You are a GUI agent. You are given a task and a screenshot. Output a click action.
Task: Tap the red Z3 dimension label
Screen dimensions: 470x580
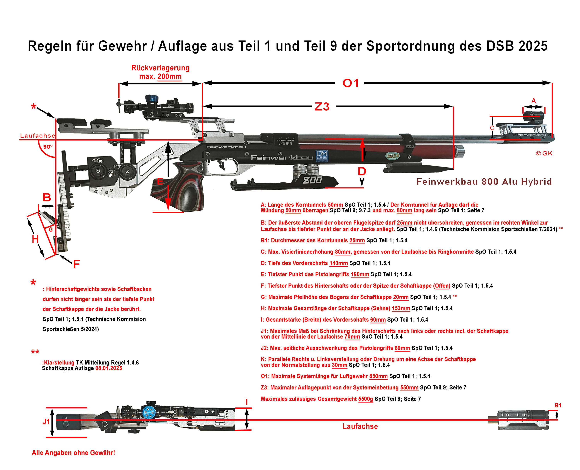322,107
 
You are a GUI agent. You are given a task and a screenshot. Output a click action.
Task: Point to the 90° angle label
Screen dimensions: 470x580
48,147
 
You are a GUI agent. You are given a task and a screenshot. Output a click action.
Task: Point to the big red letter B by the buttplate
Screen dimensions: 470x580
47,197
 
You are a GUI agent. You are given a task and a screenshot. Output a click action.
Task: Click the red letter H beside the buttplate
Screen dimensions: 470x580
35,239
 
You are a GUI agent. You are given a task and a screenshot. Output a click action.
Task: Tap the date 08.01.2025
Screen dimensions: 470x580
109,368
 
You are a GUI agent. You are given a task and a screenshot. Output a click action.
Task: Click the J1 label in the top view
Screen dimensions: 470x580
46,421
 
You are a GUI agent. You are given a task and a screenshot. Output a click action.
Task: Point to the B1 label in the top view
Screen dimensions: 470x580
558,405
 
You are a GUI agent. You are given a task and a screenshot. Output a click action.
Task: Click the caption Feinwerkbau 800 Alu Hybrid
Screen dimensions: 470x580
484,181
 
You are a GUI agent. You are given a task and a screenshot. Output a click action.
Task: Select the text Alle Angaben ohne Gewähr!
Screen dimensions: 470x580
73,453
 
